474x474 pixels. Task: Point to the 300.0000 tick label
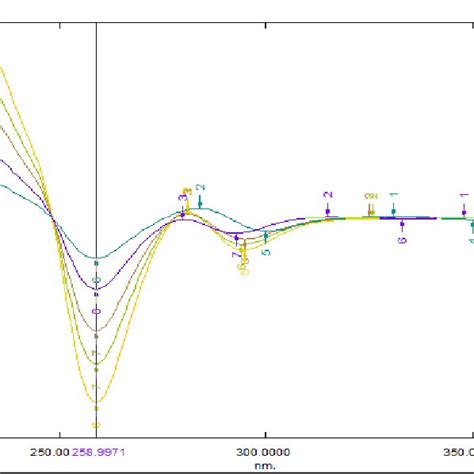pos(265,452)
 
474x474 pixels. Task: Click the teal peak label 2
pos(200,188)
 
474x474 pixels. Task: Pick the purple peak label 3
pos(182,200)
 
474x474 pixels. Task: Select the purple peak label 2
pos(327,194)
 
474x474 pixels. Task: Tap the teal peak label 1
pos(394,195)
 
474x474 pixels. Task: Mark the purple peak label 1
pos(463,196)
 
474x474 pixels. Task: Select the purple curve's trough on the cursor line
pos(96,289)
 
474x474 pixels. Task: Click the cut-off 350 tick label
pos(463,452)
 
